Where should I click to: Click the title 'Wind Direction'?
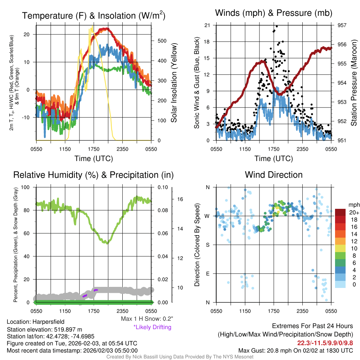274,175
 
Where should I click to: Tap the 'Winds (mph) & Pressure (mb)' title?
274,13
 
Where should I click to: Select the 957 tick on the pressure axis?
342,25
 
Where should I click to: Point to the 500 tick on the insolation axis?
162,41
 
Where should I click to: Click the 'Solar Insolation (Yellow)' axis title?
174,83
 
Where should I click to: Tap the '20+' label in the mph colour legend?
353,213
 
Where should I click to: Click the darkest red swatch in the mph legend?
340,212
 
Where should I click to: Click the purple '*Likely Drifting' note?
152,327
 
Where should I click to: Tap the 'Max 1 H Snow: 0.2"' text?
147,319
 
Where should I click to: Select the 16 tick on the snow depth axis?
181,199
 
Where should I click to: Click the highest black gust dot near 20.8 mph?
277,26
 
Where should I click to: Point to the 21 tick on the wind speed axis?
207,25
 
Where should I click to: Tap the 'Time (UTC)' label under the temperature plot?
94,159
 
